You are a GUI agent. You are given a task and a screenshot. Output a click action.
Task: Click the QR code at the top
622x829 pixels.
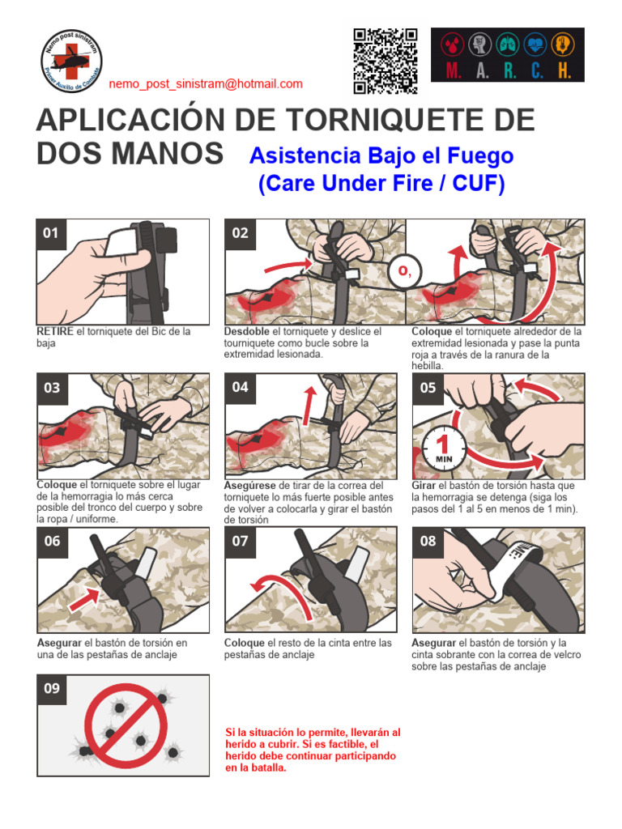[385, 61]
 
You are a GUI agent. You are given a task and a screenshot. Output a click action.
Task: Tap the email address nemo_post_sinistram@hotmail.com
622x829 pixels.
[206, 83]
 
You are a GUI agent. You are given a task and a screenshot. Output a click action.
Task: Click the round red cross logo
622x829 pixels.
[71, 61]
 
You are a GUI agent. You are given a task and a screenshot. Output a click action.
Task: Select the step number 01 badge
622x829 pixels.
[51, 233]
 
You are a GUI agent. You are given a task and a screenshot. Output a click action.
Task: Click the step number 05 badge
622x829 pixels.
[428, 388]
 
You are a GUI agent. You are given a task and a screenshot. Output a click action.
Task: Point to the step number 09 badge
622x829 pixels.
[52, 689]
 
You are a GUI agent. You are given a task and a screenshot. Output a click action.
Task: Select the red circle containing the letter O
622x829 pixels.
[400, 273]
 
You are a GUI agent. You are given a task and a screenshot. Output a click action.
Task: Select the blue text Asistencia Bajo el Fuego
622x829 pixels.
[381, 155]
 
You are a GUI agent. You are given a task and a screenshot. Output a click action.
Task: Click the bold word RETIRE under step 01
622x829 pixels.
[55, 332]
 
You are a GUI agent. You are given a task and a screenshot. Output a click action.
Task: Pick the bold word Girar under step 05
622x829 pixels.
[424, 486]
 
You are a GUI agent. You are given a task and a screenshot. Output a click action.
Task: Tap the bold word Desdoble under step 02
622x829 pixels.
[247, 332]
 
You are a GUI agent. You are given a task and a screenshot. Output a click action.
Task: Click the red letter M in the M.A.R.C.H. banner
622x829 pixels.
[454, 70]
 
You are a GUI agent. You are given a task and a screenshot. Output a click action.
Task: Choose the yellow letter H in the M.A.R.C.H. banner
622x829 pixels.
[563, 70]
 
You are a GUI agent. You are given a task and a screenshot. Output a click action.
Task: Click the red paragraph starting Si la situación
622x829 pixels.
[312, 750]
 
